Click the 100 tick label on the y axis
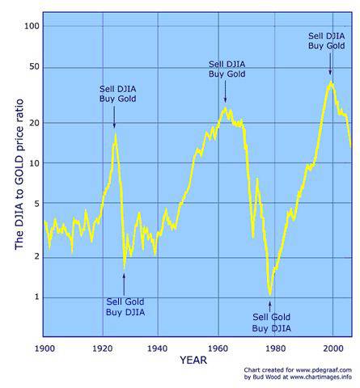click(x=32, y=26)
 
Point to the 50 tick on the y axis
click(x=34, y=66)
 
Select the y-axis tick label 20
click(x=34, y=123)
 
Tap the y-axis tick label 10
click(x=34, y=163)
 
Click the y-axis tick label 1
click(x=36, y=297)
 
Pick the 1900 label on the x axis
click(x=44, y=348)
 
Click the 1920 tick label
click(x=103, y=348)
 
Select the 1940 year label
click(x=158, y=348)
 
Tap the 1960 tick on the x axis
click(x=218, y=348)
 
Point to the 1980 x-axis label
click(x=275, y=348)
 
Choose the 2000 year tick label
click(x=333, y=348)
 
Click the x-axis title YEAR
click(x=193, y=361)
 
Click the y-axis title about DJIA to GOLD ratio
click(x=19, y=175)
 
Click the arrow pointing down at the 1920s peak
click(x=114, y=117)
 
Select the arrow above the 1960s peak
click(x=226, y=92)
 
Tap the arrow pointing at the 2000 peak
click(x=330, y=64)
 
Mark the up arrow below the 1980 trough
click(x=270, y=306)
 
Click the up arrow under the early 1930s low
click(x=124, y=285)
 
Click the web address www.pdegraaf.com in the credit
click(x=324, y=370)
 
